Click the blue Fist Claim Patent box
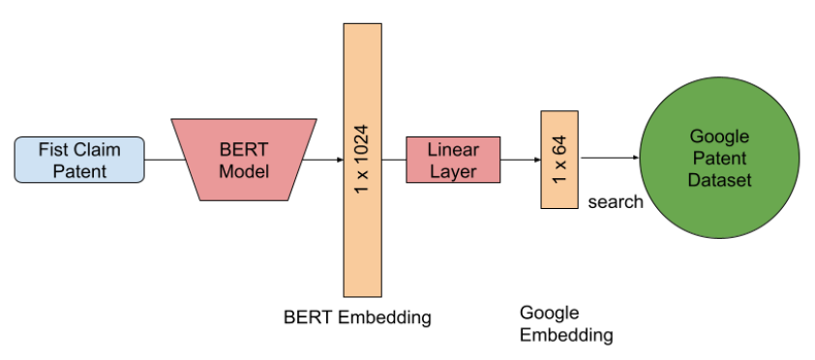pyautogui.click(x=79, y=160)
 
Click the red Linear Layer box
pyautogui.click(x=454, y=160)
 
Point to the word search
pyautogui.click(x=615, y=202)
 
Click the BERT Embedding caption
pyautogui.click(x=357, y=316)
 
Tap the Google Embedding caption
pyautogui.click(x=565, y=324)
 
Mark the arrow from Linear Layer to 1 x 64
pyautogui.click(x=522, y=160)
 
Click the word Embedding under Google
pyautogui.click(x=565, y=335)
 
